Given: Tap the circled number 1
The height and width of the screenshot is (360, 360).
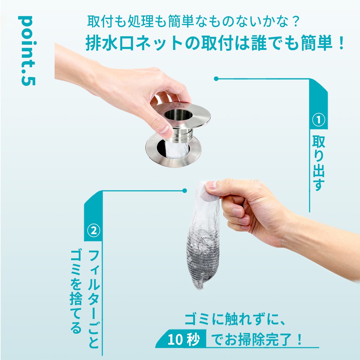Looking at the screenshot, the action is pyautogui.click(x=319, y=120).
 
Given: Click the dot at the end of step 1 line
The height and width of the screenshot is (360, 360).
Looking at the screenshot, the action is pyautogui.click(x=216, y=79).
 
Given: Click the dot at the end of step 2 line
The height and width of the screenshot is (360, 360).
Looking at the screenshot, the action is pyautogui.click(x=184, y=191).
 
